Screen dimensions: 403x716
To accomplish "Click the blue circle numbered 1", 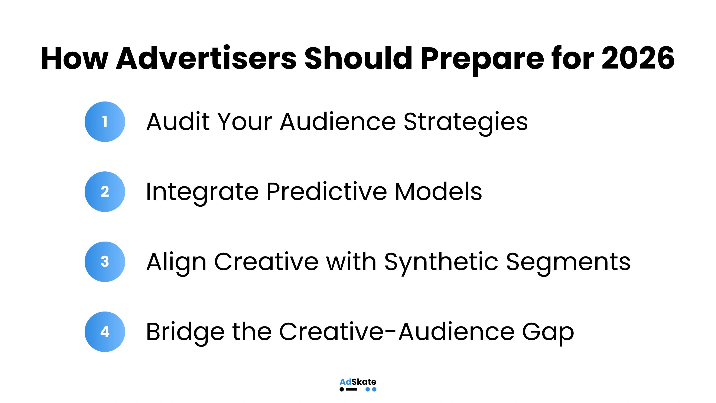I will pyautogui.click(x=105, y=122).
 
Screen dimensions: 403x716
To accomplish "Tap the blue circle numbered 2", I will pyautogui.click(x=105, y=192).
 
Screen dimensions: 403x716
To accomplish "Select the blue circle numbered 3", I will pyautogui.click(x=105, y=262).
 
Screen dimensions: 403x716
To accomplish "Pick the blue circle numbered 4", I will pyautogui.click(x=105, y=332).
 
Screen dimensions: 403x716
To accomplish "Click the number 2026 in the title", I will pyautogui.click(x=638, y=58).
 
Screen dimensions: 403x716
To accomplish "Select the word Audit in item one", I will pyautogui.click(x=178, y=122).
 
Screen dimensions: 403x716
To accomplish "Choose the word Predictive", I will pyautogui.click(x=327, y=192).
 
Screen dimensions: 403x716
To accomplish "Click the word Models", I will pyautogui.click(x=438, y=192).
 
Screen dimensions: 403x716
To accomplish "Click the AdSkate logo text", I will pyautogui.click(x=358, y=382).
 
